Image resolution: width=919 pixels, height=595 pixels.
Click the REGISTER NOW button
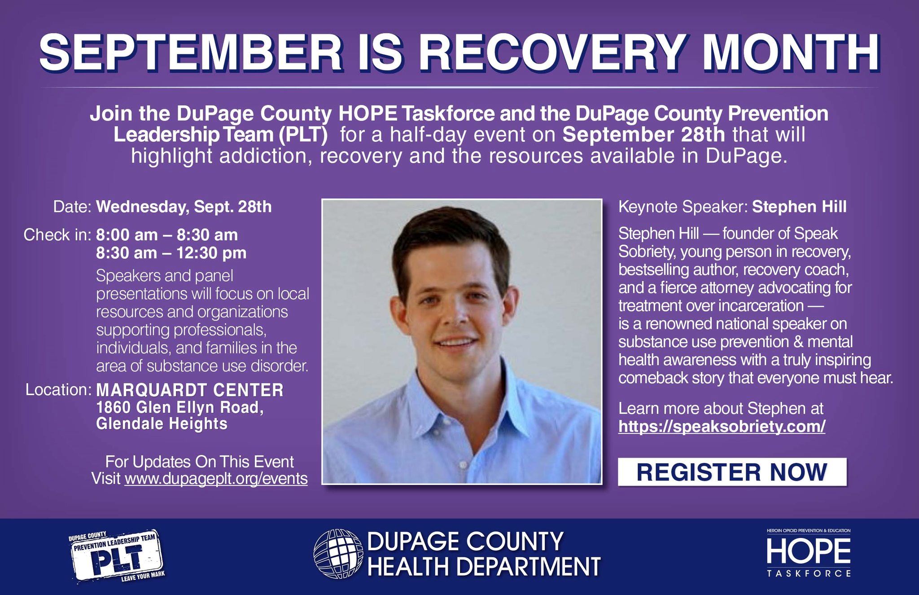click(x=732, y=472)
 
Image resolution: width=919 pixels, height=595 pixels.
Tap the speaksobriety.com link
click(x=722, y=426)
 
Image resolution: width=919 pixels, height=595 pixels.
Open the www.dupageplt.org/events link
click(x=216, y=479)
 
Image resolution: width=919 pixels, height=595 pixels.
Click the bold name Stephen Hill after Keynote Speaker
click(x=799, y=207)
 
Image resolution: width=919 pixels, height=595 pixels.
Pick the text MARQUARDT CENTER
click(x=190, y=390)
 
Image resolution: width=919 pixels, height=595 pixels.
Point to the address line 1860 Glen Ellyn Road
click(x=180, y=408)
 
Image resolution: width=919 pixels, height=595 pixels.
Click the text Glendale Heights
click(x=162, y=424)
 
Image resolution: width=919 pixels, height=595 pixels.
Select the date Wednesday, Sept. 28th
click(x=184, y=207)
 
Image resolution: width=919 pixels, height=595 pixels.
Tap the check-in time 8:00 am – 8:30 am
click(x=167, y=235)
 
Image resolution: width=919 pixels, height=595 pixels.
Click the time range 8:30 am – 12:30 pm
click(x=171, y=253)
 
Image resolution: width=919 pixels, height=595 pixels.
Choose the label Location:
click(x=59, y=390)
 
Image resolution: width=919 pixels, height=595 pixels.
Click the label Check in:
click(x=57, y=235)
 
